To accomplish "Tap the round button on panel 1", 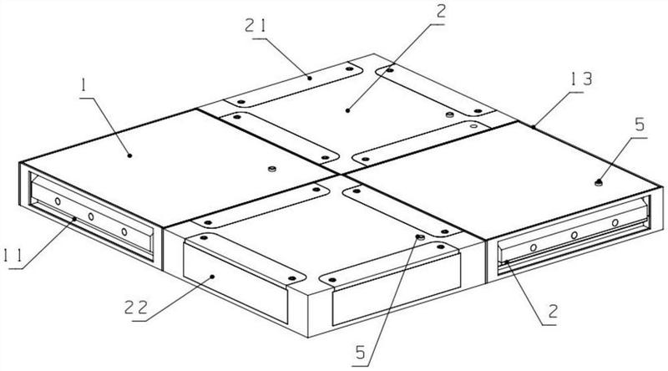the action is [x=271, y=167].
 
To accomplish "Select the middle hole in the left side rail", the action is [x=91, y=216].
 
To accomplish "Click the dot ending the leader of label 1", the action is [x=129, y=155].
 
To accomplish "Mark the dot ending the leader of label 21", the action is [x=310, y=77].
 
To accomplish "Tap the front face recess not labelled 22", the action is [x=397, y=297].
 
